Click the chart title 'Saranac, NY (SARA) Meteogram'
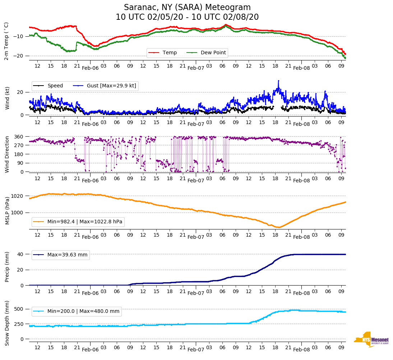187,8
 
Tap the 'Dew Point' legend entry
213,53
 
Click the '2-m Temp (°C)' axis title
6,41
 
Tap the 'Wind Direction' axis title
7,154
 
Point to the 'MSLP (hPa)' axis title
7,211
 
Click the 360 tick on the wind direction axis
19,137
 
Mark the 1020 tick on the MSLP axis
18,196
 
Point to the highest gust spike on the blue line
278,81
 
